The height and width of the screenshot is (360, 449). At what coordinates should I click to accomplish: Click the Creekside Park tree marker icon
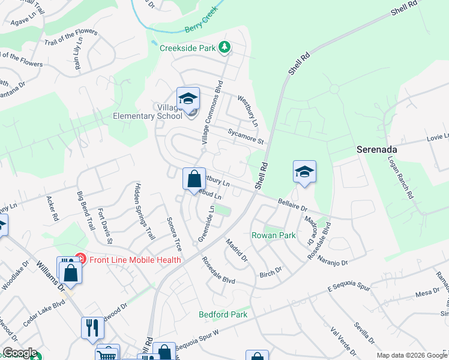point(224,47)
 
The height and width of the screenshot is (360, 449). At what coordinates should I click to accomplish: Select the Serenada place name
point(378,149)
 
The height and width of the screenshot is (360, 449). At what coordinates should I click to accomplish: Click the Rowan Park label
point(273,235)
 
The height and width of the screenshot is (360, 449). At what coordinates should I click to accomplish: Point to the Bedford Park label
point(223,314)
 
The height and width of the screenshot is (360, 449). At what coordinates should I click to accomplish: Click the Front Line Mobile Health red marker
point(80,260)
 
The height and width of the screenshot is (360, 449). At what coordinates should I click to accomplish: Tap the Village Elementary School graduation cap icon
point(188,99)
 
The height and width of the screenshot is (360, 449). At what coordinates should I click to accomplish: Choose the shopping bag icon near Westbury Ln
point(194,179)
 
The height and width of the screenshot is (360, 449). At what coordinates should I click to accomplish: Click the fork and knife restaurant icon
point(92,328)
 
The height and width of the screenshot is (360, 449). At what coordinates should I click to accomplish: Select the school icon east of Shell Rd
point(304,172)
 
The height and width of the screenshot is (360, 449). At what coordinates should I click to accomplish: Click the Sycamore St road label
point(245,136)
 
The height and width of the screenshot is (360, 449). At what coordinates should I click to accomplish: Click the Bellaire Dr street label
point(293,205)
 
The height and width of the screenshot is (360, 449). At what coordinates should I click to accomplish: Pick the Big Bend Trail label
point(86,211)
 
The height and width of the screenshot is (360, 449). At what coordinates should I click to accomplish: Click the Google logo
point(19,353)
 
